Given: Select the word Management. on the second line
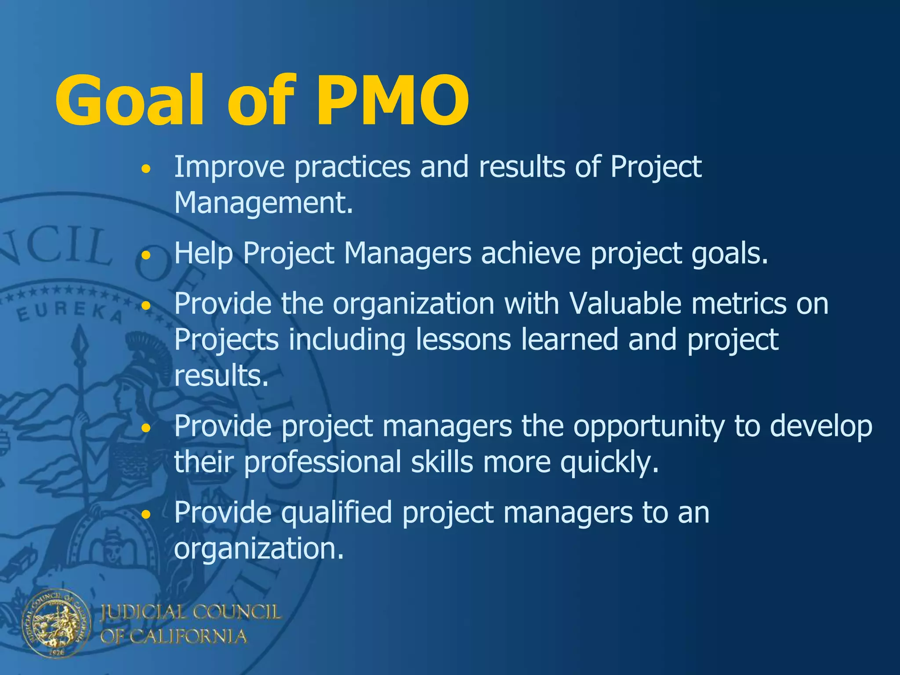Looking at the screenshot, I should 264,203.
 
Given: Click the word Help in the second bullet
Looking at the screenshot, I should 203,254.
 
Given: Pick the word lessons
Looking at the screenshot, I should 463,340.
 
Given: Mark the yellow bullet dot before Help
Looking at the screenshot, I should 147,254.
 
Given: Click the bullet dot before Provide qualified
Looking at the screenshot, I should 147,513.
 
